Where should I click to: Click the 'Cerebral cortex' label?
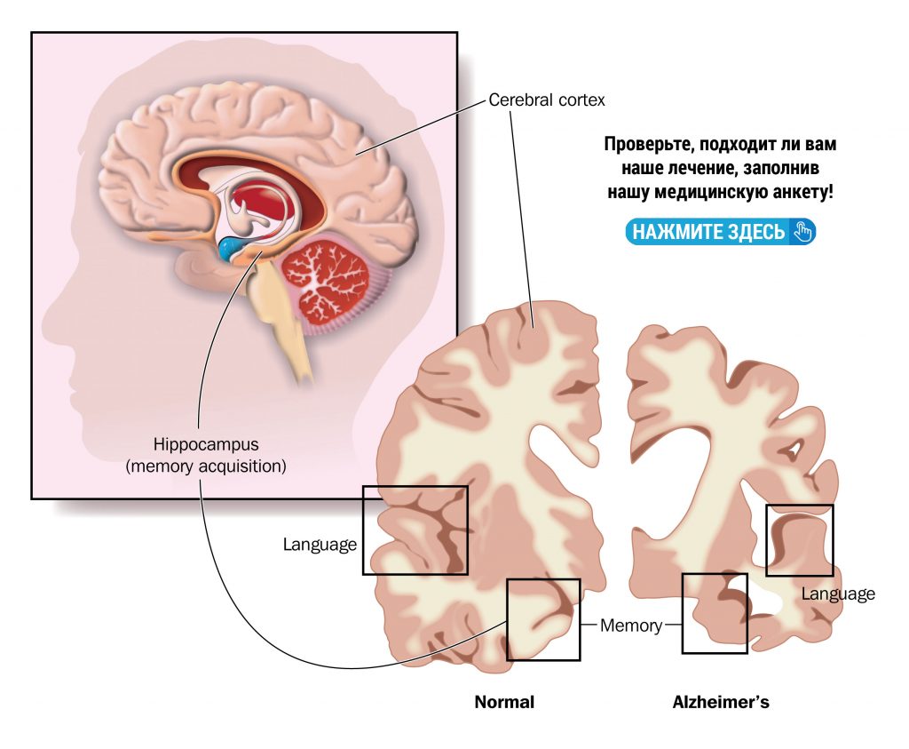tap(547, 100)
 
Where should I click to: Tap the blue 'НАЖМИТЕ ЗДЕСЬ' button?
tap(719, 232)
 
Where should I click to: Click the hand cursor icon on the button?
tap(802, 232)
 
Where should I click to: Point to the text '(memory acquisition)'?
tap(207, 466)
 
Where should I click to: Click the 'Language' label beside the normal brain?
tap(320, 544)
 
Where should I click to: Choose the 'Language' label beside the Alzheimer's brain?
tap(838, 594)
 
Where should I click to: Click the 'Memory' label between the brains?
tap(631, 625)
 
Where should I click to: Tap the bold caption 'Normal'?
tap(504, 702)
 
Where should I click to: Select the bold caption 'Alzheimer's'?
tap(721, 702)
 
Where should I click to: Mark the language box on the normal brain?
tap(415, 530)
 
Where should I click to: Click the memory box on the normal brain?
tap(542, 619)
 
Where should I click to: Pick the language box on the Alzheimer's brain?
tap(799, 540)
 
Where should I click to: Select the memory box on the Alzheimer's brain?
tap(714, 613)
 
